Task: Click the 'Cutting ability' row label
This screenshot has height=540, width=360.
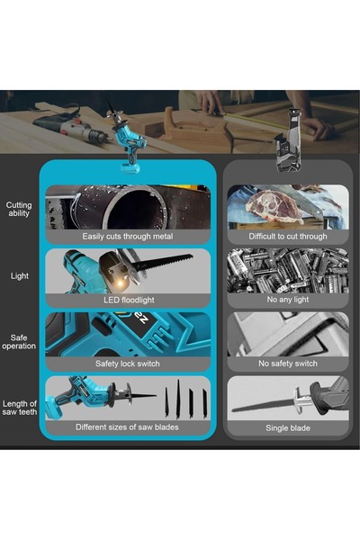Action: click(19, 211)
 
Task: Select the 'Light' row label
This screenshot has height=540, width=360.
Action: click(19, 275)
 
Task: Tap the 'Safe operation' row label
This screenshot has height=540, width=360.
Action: click(19, 341)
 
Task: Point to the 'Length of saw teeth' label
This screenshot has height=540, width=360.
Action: click(19, 409)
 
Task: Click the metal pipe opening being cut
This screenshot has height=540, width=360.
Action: click(130, 205)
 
